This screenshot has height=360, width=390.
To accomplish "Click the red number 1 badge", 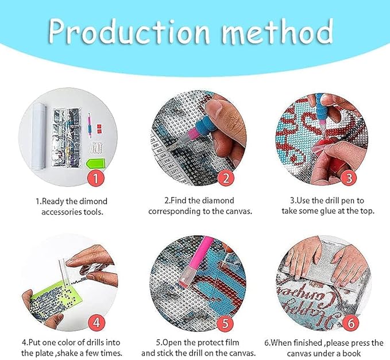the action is (x=96, y=178).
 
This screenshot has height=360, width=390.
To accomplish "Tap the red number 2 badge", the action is (x=226, y=178).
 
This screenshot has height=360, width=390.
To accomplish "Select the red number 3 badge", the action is (x=349, y=178).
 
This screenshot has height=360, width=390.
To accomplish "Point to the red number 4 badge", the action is (x=96, y=323).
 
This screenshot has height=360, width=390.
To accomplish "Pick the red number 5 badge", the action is (x=225, y=323).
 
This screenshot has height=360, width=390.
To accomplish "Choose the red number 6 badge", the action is (x=351, y=323).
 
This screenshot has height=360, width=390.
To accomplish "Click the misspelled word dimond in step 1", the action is (x=93, y=201).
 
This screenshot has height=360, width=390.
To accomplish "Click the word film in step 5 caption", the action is (x=233, y=342).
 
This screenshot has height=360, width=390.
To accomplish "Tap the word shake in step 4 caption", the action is (x=68, y=353).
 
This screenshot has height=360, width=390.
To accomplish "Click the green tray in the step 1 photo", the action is (x=96, y=164).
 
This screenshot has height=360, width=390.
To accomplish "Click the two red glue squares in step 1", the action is (x=99, y=129).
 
